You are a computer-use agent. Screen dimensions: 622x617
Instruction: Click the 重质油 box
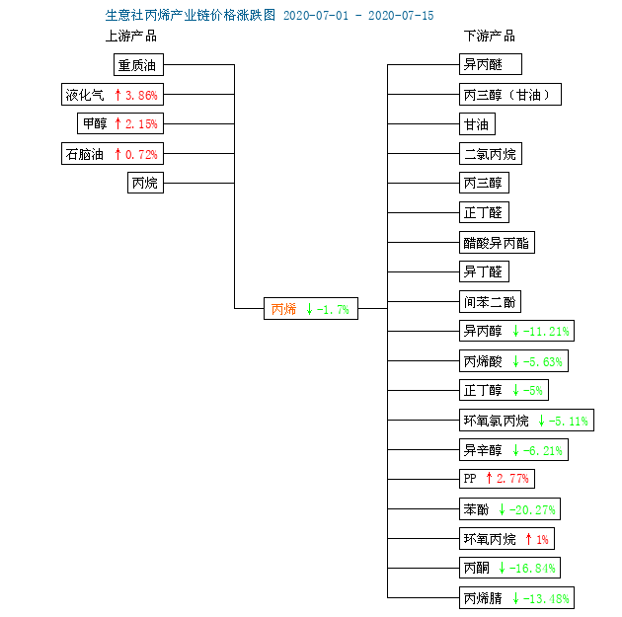[138, 64]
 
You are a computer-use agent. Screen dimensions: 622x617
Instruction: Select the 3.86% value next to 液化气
[141, 95]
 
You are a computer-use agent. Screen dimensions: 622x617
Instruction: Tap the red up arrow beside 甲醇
[117, 123]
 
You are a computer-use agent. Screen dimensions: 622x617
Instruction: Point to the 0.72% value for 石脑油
[141, 154]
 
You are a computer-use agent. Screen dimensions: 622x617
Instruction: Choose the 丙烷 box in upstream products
[145, 183]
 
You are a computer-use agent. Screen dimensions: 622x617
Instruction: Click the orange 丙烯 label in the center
[283, 309]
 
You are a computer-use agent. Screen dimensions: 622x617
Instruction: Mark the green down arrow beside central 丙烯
[309, 309]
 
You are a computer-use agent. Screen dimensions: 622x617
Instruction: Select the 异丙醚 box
[491, 64]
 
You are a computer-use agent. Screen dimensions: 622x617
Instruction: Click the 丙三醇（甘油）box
[510, 95]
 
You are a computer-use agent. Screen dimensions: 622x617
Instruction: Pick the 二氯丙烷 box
[491, 153]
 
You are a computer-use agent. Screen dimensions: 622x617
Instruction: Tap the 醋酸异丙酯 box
[497, 242]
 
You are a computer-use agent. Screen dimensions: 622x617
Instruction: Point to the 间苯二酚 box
[490, 302]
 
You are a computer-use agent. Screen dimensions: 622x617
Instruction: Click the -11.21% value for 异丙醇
[546, 331]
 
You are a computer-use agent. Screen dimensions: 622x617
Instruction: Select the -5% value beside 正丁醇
[533, 391]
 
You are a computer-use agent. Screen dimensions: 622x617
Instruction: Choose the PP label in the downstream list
[470, 478]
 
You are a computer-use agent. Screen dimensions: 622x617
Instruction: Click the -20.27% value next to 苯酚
[532, 509]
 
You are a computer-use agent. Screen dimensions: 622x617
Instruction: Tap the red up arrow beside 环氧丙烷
[528, 539]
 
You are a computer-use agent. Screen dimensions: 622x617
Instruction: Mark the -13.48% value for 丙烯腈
[546, 598]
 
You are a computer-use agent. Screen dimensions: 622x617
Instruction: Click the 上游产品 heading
[131, 37]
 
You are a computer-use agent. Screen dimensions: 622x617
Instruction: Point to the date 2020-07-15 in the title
[401, 16]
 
